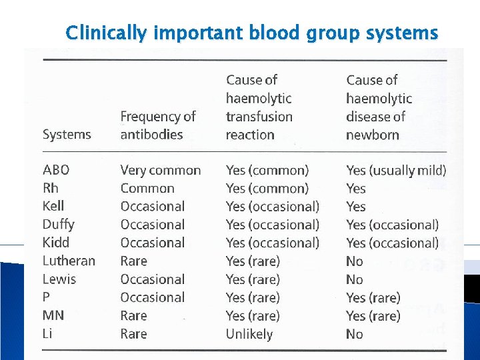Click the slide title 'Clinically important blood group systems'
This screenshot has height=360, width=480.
252,32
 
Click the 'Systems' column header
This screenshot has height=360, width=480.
67,135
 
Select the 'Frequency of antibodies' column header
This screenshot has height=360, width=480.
157,125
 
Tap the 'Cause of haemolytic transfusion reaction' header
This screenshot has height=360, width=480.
259,107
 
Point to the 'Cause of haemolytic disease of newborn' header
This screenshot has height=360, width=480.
379,107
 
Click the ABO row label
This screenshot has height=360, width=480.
56,170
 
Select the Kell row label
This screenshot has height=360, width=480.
53,206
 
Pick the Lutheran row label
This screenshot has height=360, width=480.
69,261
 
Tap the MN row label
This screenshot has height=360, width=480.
53,315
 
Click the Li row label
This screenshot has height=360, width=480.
47,333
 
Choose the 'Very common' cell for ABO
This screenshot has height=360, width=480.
160,170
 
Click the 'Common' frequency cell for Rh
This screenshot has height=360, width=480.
147,189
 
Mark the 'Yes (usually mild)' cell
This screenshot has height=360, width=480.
396,170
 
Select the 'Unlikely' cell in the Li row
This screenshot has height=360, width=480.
249,334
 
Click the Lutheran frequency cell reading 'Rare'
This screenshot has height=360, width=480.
133,261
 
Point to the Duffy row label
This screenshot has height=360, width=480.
58,225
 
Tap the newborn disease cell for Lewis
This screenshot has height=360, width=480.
355,279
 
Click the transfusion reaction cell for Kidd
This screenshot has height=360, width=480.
272,243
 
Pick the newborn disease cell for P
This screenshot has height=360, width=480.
373,297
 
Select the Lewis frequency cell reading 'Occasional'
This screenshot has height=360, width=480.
152,279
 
